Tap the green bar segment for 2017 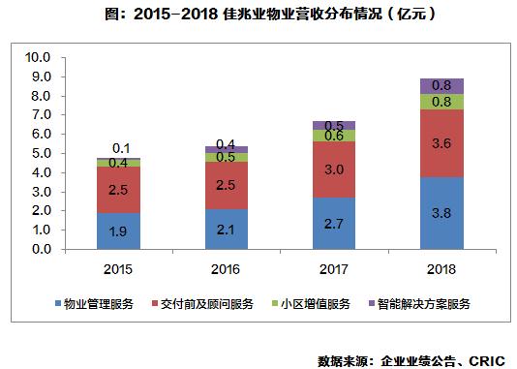pos(335,136)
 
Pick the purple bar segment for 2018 pos(441,86)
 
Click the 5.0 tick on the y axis pos(40,153)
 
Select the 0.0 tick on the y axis pos(40,249)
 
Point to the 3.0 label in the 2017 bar pos(335,169)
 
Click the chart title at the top pos(258,15)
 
